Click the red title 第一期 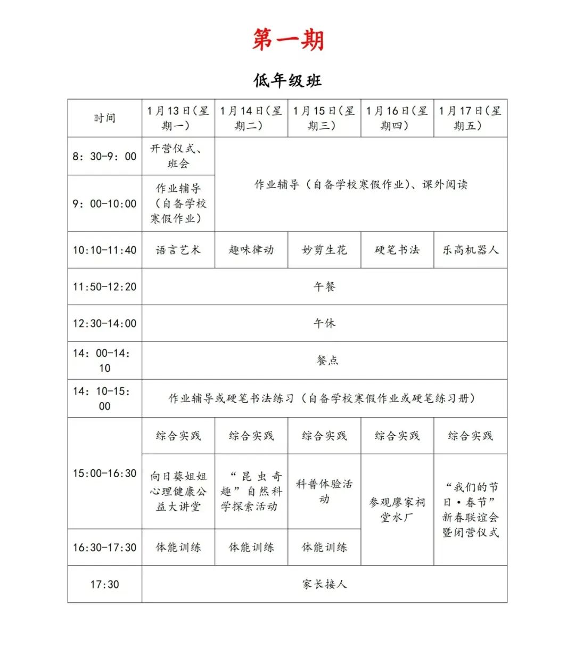click(x=288, y=40)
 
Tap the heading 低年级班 click(x=287, y=81)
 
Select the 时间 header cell click(x=104, y=118)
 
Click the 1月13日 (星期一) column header click(x=178, y=118)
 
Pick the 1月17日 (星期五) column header click(x=470, y=118)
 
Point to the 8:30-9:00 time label click(x=104, y=156)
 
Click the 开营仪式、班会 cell click(x=178, y=156)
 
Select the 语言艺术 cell click(x=178, y=250)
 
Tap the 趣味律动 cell click(x=251, y=250)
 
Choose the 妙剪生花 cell click(x=324, y=250)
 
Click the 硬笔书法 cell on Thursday click(x=397, y=250)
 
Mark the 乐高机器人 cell click(x=470, y=250)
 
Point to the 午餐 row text click(x=324, y=287)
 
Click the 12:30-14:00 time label click(x=104, y=323)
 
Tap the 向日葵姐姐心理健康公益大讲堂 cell click(x=178, y=492)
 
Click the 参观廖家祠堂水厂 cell click(x=397, y=510)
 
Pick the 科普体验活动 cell click(x=324, y=492)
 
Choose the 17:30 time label click(x=104, y=584)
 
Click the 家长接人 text click(x=324, y=584)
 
